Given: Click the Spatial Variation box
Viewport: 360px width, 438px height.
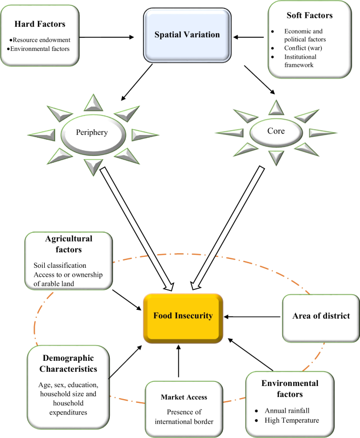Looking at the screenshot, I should [x=187, y=35].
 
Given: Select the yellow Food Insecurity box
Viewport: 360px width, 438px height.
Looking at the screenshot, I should [x=183, y=316].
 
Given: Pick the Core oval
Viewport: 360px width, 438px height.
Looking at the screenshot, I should [x=275, y=131].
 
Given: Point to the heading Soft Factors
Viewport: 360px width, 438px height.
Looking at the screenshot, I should [x=314, y=16].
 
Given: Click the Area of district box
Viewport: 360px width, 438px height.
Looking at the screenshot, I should [x=321, y=316].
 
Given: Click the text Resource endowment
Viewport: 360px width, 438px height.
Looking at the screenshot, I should [x=43, y=40].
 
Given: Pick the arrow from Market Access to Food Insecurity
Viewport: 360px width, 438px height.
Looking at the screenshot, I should [x=179, y=361].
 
